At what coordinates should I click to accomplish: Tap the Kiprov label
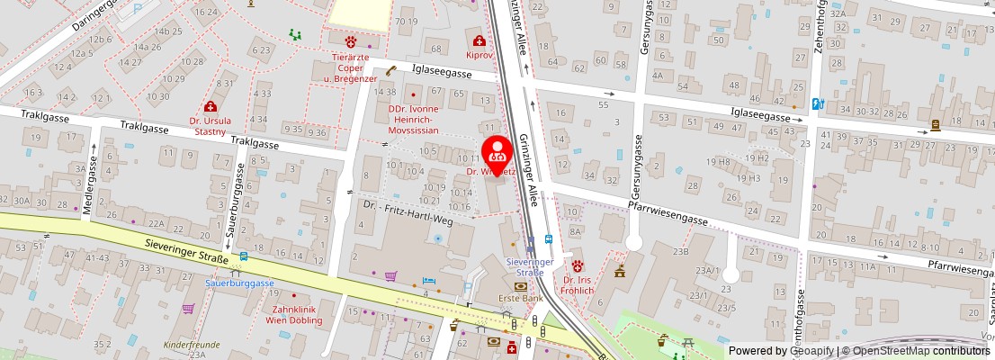480,55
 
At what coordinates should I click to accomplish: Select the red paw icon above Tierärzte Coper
351,40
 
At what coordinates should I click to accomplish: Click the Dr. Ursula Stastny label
210,125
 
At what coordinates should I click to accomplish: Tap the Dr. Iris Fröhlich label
578,285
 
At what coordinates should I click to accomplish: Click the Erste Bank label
520,298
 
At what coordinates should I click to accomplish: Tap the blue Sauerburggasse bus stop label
239,283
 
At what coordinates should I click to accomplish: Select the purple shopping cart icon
390,276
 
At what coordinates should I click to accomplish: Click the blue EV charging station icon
817,103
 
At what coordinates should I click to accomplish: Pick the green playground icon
294,35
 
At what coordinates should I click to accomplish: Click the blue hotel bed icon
429,281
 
